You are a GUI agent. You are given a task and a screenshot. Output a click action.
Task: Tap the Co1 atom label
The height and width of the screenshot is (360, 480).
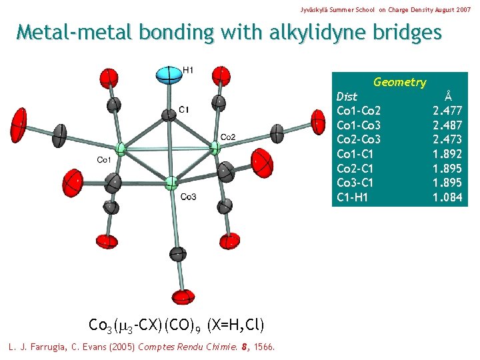[x=104, y=160]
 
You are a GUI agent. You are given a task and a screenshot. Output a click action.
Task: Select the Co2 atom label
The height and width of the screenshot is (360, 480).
[x=227, y=137]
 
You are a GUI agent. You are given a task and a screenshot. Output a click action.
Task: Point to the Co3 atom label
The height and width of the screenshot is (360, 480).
[x=188, y=196]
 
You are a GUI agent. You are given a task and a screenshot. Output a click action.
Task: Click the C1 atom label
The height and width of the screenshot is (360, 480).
[x=183, y=109]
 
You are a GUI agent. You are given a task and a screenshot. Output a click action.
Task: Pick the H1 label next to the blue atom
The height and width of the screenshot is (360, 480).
[x=189, y=69]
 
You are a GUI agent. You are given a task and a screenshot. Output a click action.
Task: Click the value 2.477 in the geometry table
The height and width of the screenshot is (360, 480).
[x=447, y=111]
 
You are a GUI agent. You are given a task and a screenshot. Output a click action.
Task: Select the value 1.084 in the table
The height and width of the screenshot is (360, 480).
[x=447, y=197]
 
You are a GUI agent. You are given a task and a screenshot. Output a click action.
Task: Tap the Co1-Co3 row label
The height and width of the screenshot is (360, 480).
[x=359, y=125]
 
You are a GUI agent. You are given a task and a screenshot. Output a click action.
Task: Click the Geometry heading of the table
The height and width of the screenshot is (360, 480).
[x=399, y=82]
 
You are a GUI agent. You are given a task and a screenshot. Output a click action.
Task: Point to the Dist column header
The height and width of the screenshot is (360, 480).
[x=347, y=96]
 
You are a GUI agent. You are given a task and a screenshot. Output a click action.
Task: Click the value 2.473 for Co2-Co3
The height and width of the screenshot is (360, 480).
[x=447, y=139]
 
